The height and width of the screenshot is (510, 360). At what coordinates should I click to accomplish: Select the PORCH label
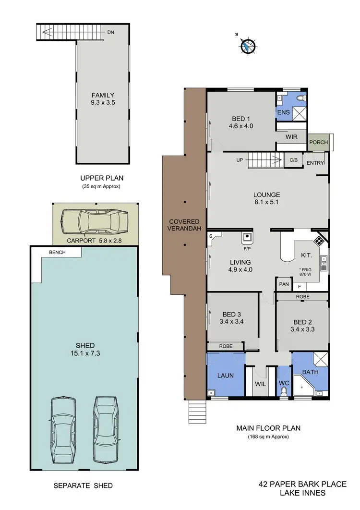(319, 142)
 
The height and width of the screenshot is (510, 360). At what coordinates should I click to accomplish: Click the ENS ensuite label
(283, 112)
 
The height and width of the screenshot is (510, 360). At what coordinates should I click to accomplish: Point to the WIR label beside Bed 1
(291, 137)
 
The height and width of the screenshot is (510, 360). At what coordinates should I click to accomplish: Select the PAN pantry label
(283, 284)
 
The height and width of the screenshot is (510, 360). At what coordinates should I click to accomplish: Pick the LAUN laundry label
(225, 375)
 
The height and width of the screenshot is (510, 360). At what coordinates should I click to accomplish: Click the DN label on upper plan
(111, 32)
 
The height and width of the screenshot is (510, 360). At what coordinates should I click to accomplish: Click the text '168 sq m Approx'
(268, 437)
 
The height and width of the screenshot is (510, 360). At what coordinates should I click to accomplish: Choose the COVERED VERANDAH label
(184, 225)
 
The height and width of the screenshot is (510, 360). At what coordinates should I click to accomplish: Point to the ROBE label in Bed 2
(302, 297)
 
